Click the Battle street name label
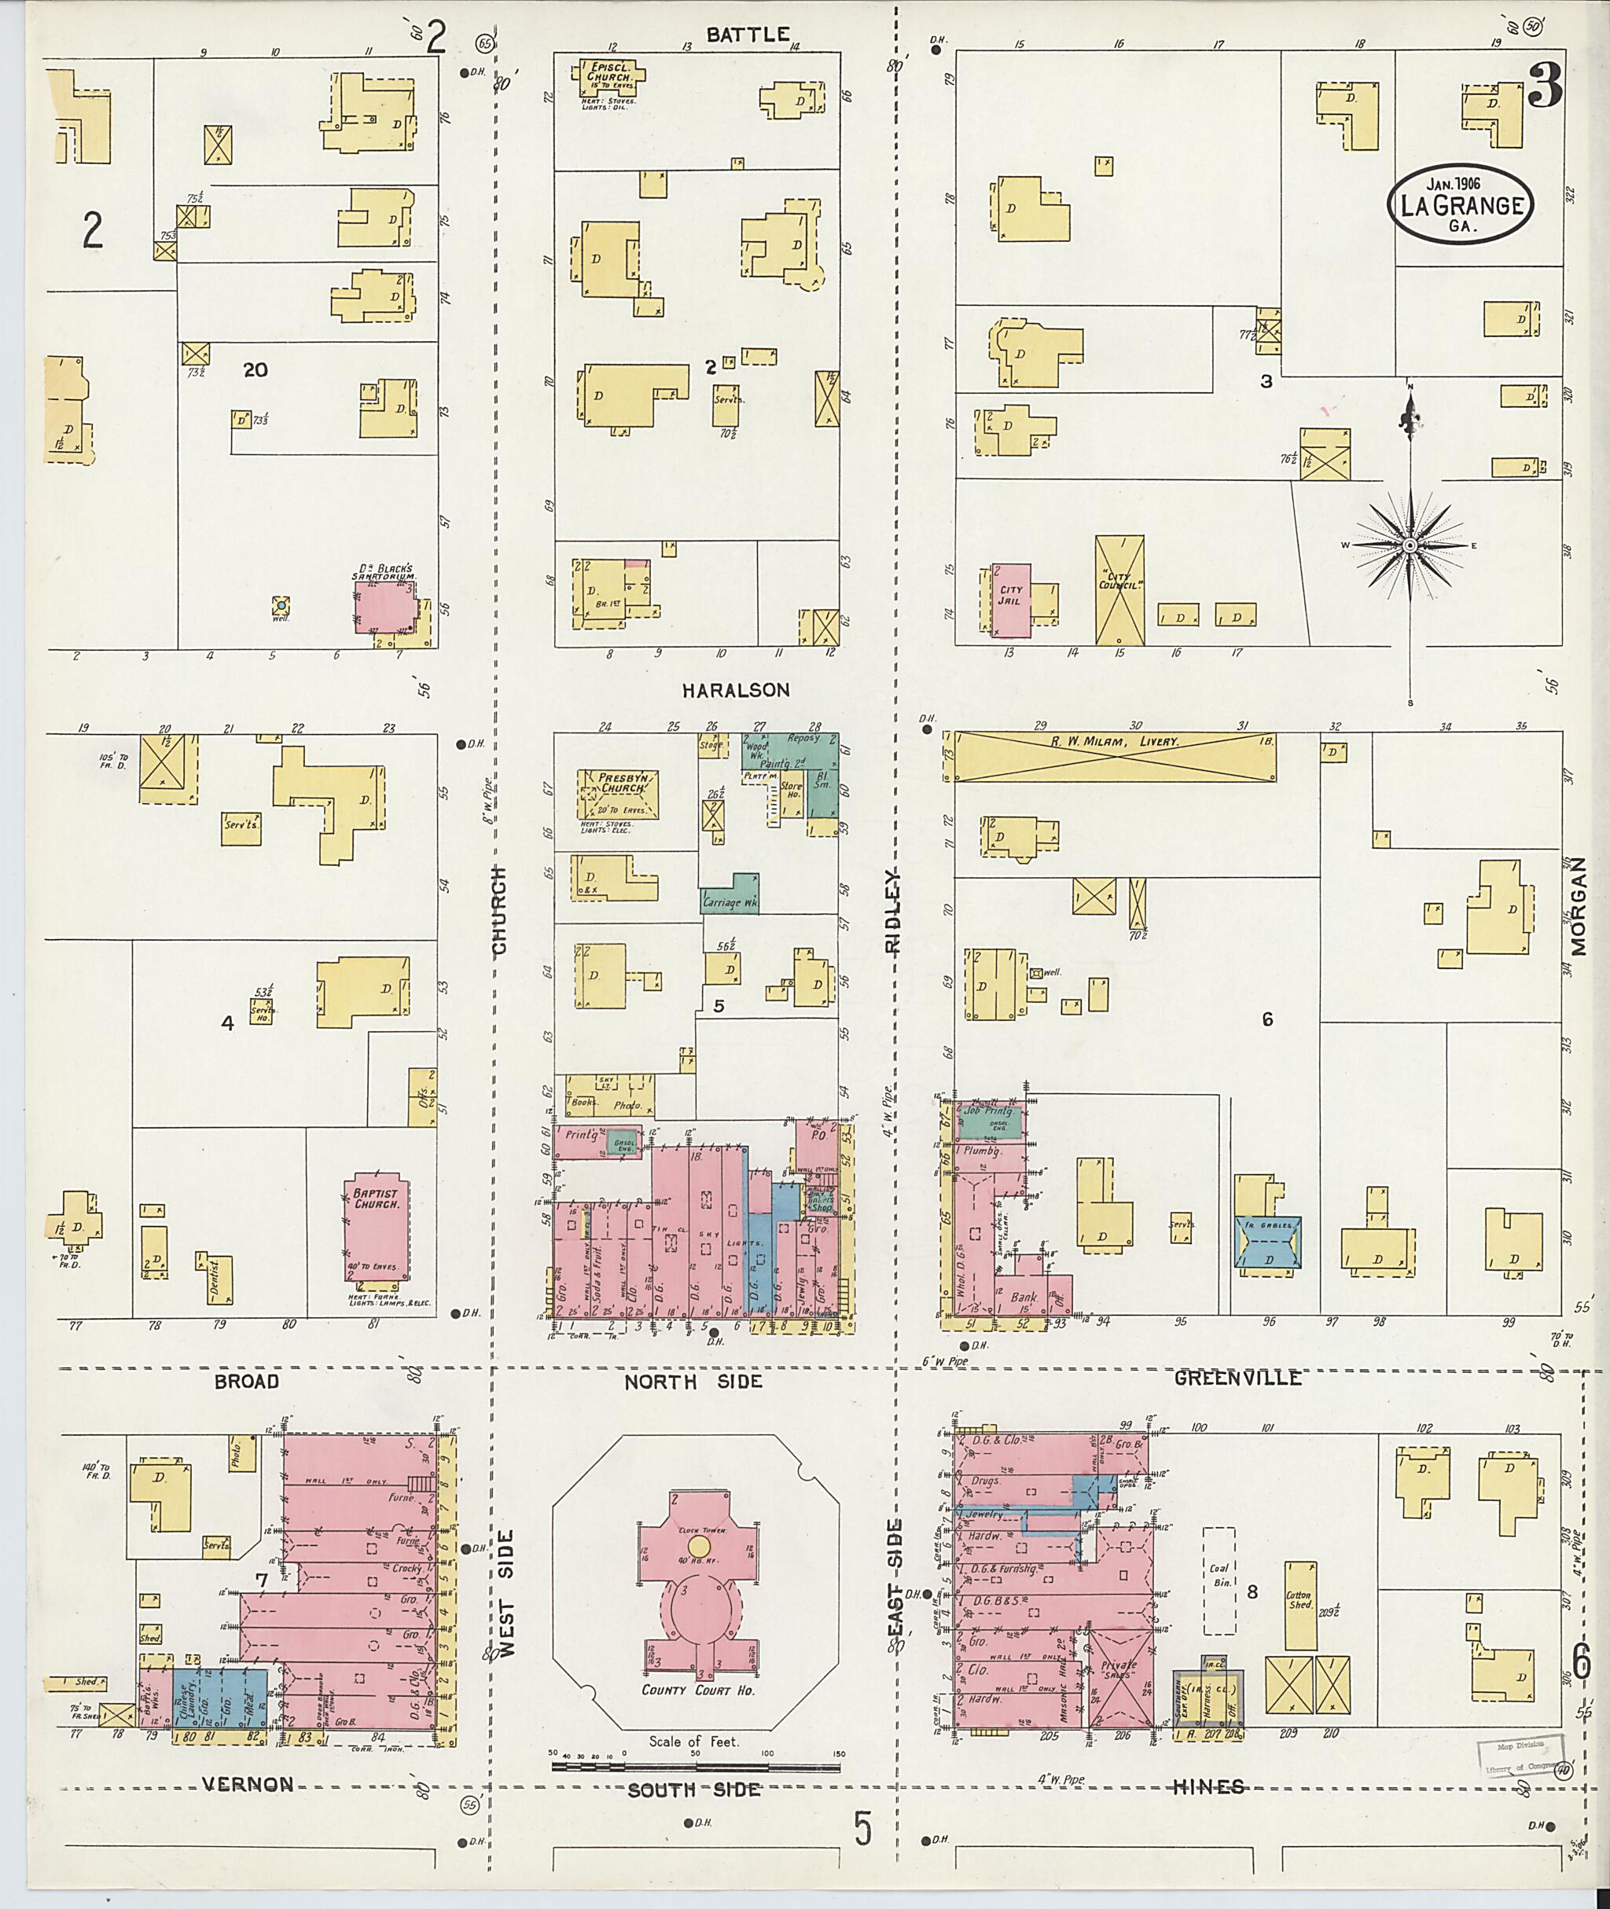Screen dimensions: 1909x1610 coord(748,35)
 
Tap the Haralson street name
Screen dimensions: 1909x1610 coord(736,691)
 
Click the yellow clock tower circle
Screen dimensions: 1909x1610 coord(698,1546)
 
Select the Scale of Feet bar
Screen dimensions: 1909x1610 coord(696,1768)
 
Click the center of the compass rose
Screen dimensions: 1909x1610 coord(1410,545)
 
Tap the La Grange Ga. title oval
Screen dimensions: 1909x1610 coord(1461,204)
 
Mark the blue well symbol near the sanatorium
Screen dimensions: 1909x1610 coord(282,605)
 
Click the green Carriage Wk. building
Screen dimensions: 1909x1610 coord(732,894)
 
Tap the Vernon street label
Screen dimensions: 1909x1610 coord(248,1785)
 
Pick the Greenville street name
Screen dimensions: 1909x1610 coord(1237,1378)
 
